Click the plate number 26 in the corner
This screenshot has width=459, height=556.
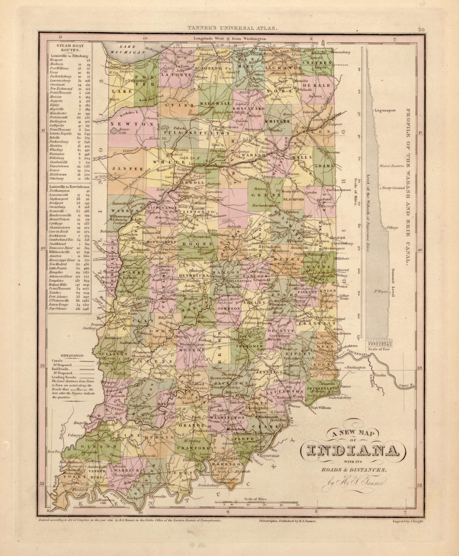[421, 30]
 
